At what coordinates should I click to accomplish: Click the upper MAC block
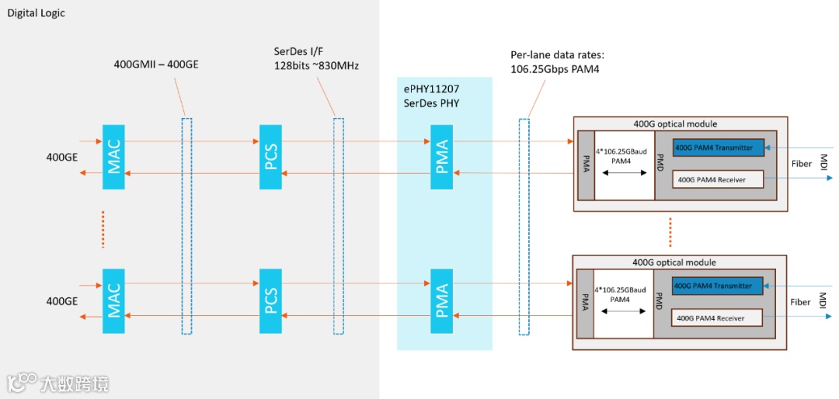(113, 155)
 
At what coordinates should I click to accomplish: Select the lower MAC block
(113, 301)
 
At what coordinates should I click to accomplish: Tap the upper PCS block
(271, 155)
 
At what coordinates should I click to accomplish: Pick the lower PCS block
(271, 301)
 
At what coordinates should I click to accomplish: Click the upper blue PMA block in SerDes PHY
(441, 155)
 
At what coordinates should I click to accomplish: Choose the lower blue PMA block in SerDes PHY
(441, 301)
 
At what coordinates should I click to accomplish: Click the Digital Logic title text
(37, 13)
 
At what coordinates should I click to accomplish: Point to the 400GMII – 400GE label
(156, 64)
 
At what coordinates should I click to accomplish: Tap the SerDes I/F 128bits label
(315, 57)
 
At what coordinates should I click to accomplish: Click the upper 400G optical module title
(675, 124)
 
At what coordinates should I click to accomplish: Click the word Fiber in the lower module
(801, 302)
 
